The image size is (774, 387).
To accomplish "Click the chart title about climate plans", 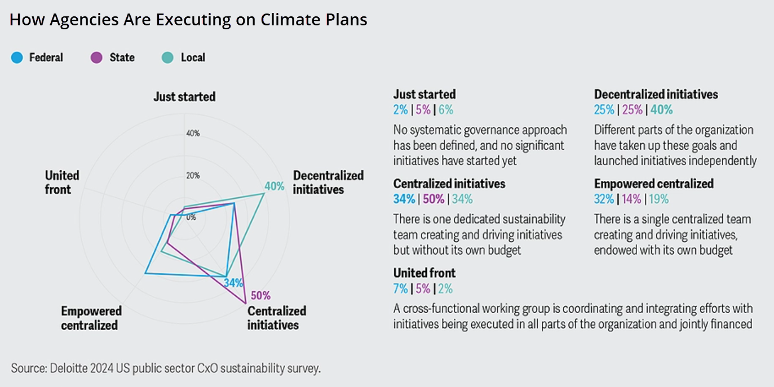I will click(x=188, y=20).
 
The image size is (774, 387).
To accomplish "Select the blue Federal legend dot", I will click(x=17, y=57).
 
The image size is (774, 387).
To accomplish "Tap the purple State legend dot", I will click(x=96, y=57).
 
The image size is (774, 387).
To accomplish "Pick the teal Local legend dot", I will click(x=167, y=57).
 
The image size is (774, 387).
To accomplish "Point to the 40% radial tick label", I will click(x=193, y=134).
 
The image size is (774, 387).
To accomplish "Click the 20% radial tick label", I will click(x=193, y=175).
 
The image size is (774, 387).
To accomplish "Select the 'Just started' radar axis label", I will click(x=184, y=97).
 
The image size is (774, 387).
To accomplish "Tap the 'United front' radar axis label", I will click(x=62, y=183).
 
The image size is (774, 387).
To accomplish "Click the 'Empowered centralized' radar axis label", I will click(x=91, y=318).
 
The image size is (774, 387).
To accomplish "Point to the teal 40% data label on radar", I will click(x=275, y=186).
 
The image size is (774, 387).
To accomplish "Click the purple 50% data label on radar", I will click(x=260, y=296).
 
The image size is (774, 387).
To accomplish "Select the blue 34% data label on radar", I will click(x=233, y=283).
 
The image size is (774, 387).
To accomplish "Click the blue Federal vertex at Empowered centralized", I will click(x=145, y=273).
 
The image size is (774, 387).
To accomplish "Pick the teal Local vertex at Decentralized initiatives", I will click(x=264, y=194).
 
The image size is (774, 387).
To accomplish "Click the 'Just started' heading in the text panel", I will click(x=424, y=94).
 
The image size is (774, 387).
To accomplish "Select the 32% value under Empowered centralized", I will click(x=603, y=199).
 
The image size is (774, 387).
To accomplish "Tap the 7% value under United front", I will click(x=400, y=288).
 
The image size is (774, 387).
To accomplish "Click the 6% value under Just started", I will click(x=446, y=110).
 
